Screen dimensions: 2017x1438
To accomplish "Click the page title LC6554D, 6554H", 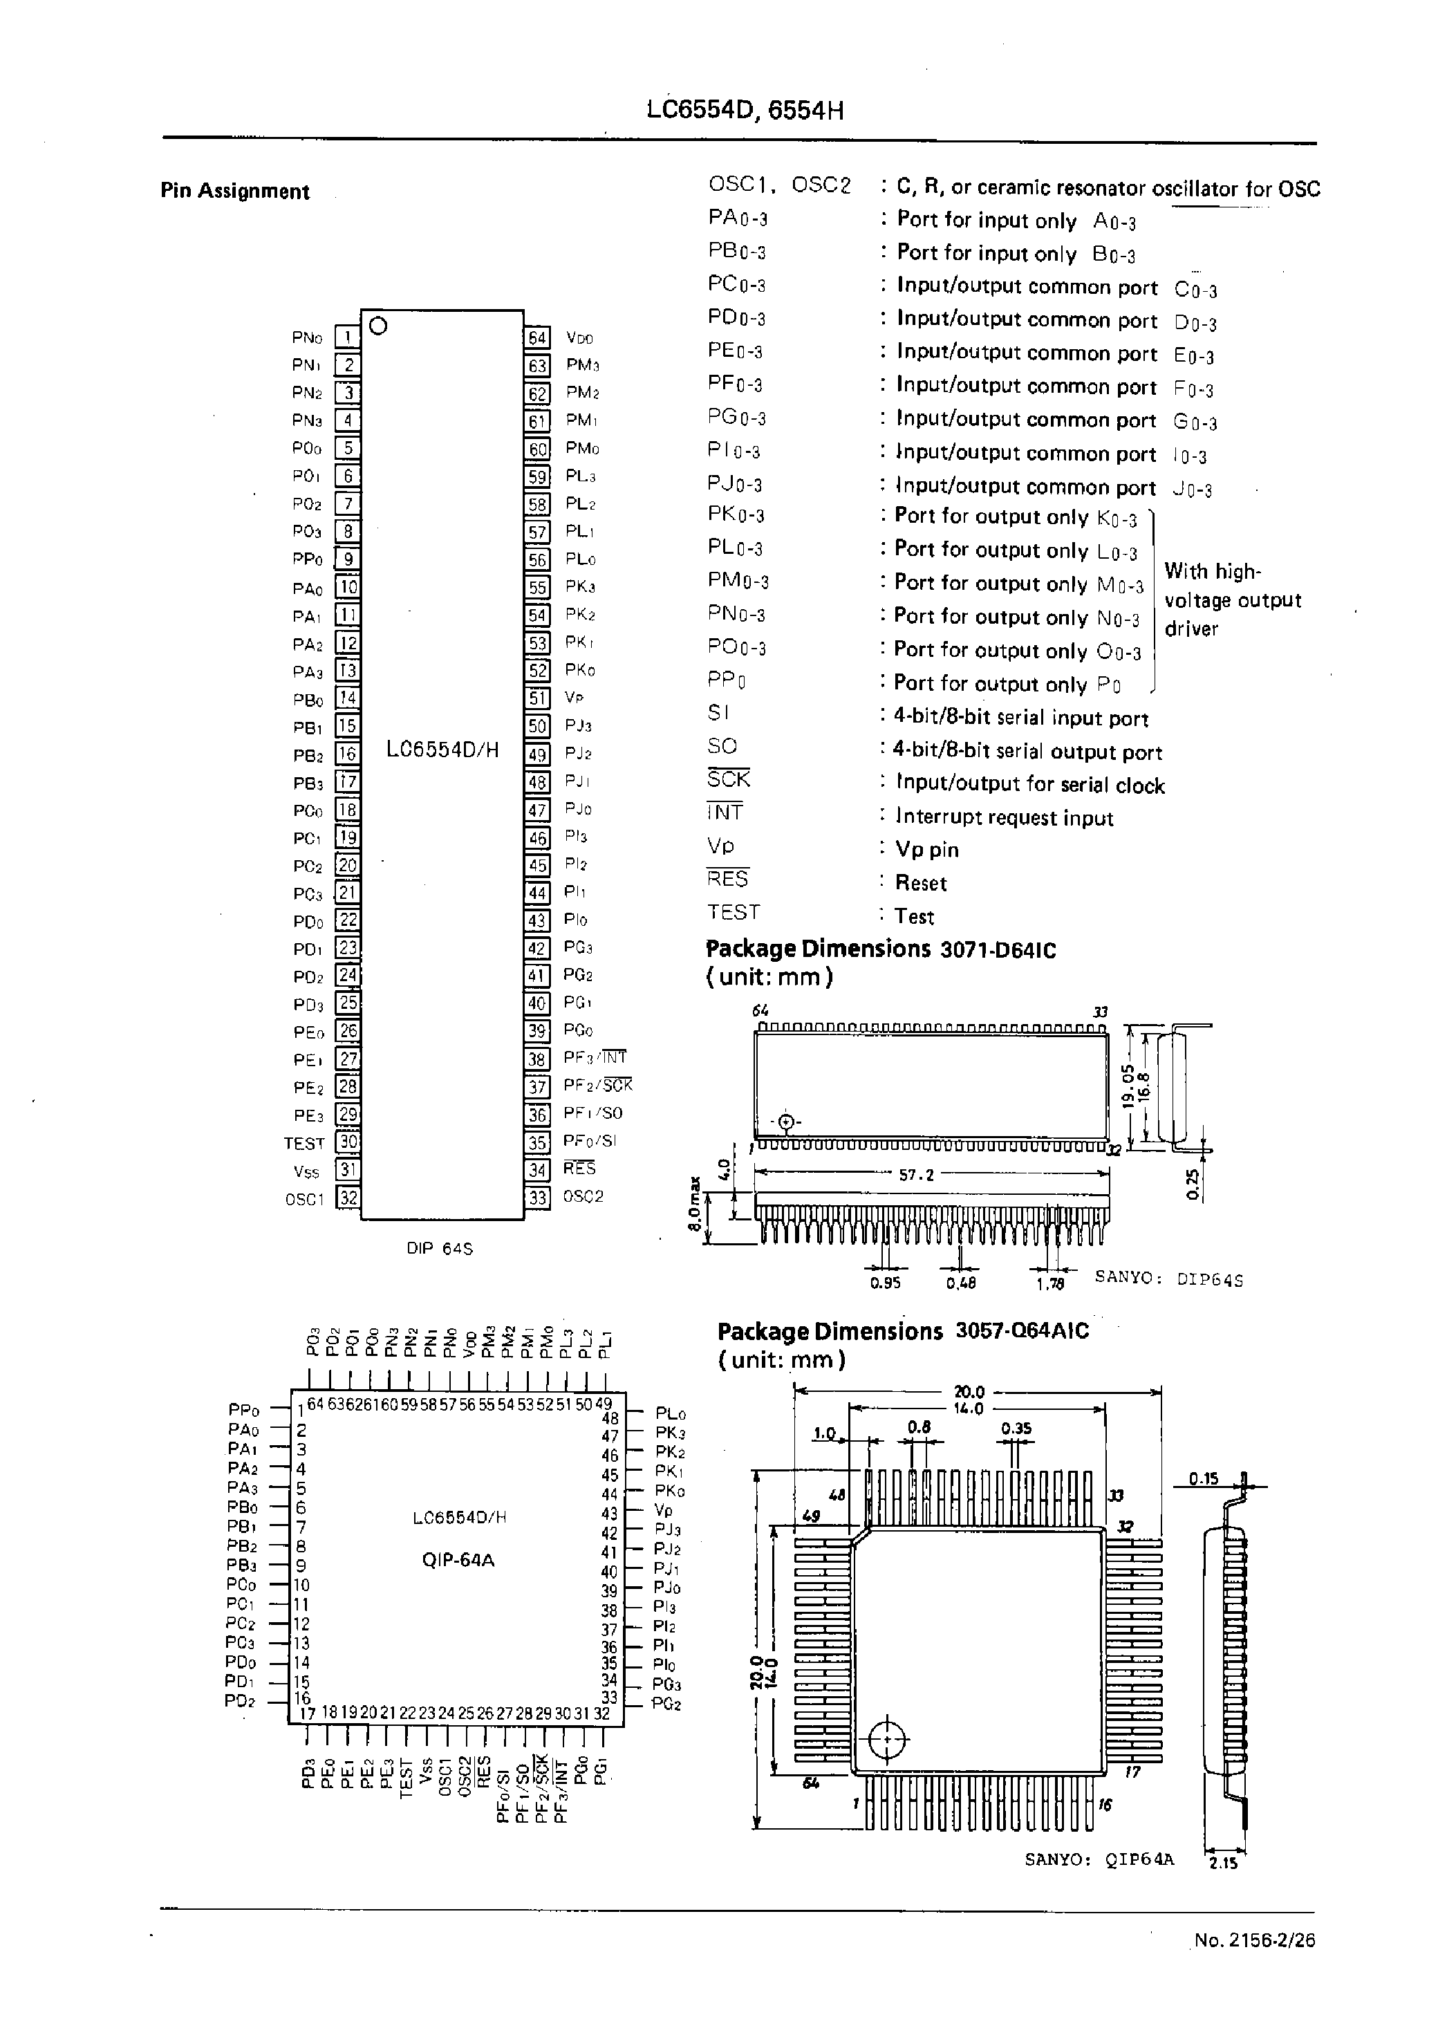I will (744, 111).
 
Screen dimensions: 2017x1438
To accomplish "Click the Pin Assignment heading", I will (234, 192).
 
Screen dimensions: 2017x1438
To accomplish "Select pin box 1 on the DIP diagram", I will (347, 337).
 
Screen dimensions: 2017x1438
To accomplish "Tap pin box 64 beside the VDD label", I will (537, 337).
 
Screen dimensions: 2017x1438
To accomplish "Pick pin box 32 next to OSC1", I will (348, 1198).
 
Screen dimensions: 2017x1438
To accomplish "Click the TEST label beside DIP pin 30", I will (304, 1143).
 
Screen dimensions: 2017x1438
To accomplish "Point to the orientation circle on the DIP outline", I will (378, 326).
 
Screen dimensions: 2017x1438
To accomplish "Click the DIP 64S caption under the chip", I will (440, 1249).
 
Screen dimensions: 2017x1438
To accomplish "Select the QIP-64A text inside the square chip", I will (458, 1560).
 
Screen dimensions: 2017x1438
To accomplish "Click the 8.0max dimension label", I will (696, 1202).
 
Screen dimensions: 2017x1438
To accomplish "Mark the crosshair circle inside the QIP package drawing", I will (885, 1739).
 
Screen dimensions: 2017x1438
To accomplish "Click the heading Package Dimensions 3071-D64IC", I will (880, 949).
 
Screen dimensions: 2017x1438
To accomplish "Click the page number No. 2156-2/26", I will (1254, 1940).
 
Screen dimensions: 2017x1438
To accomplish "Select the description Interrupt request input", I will (1004, 817).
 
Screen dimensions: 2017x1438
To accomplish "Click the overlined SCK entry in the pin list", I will (728, 779).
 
